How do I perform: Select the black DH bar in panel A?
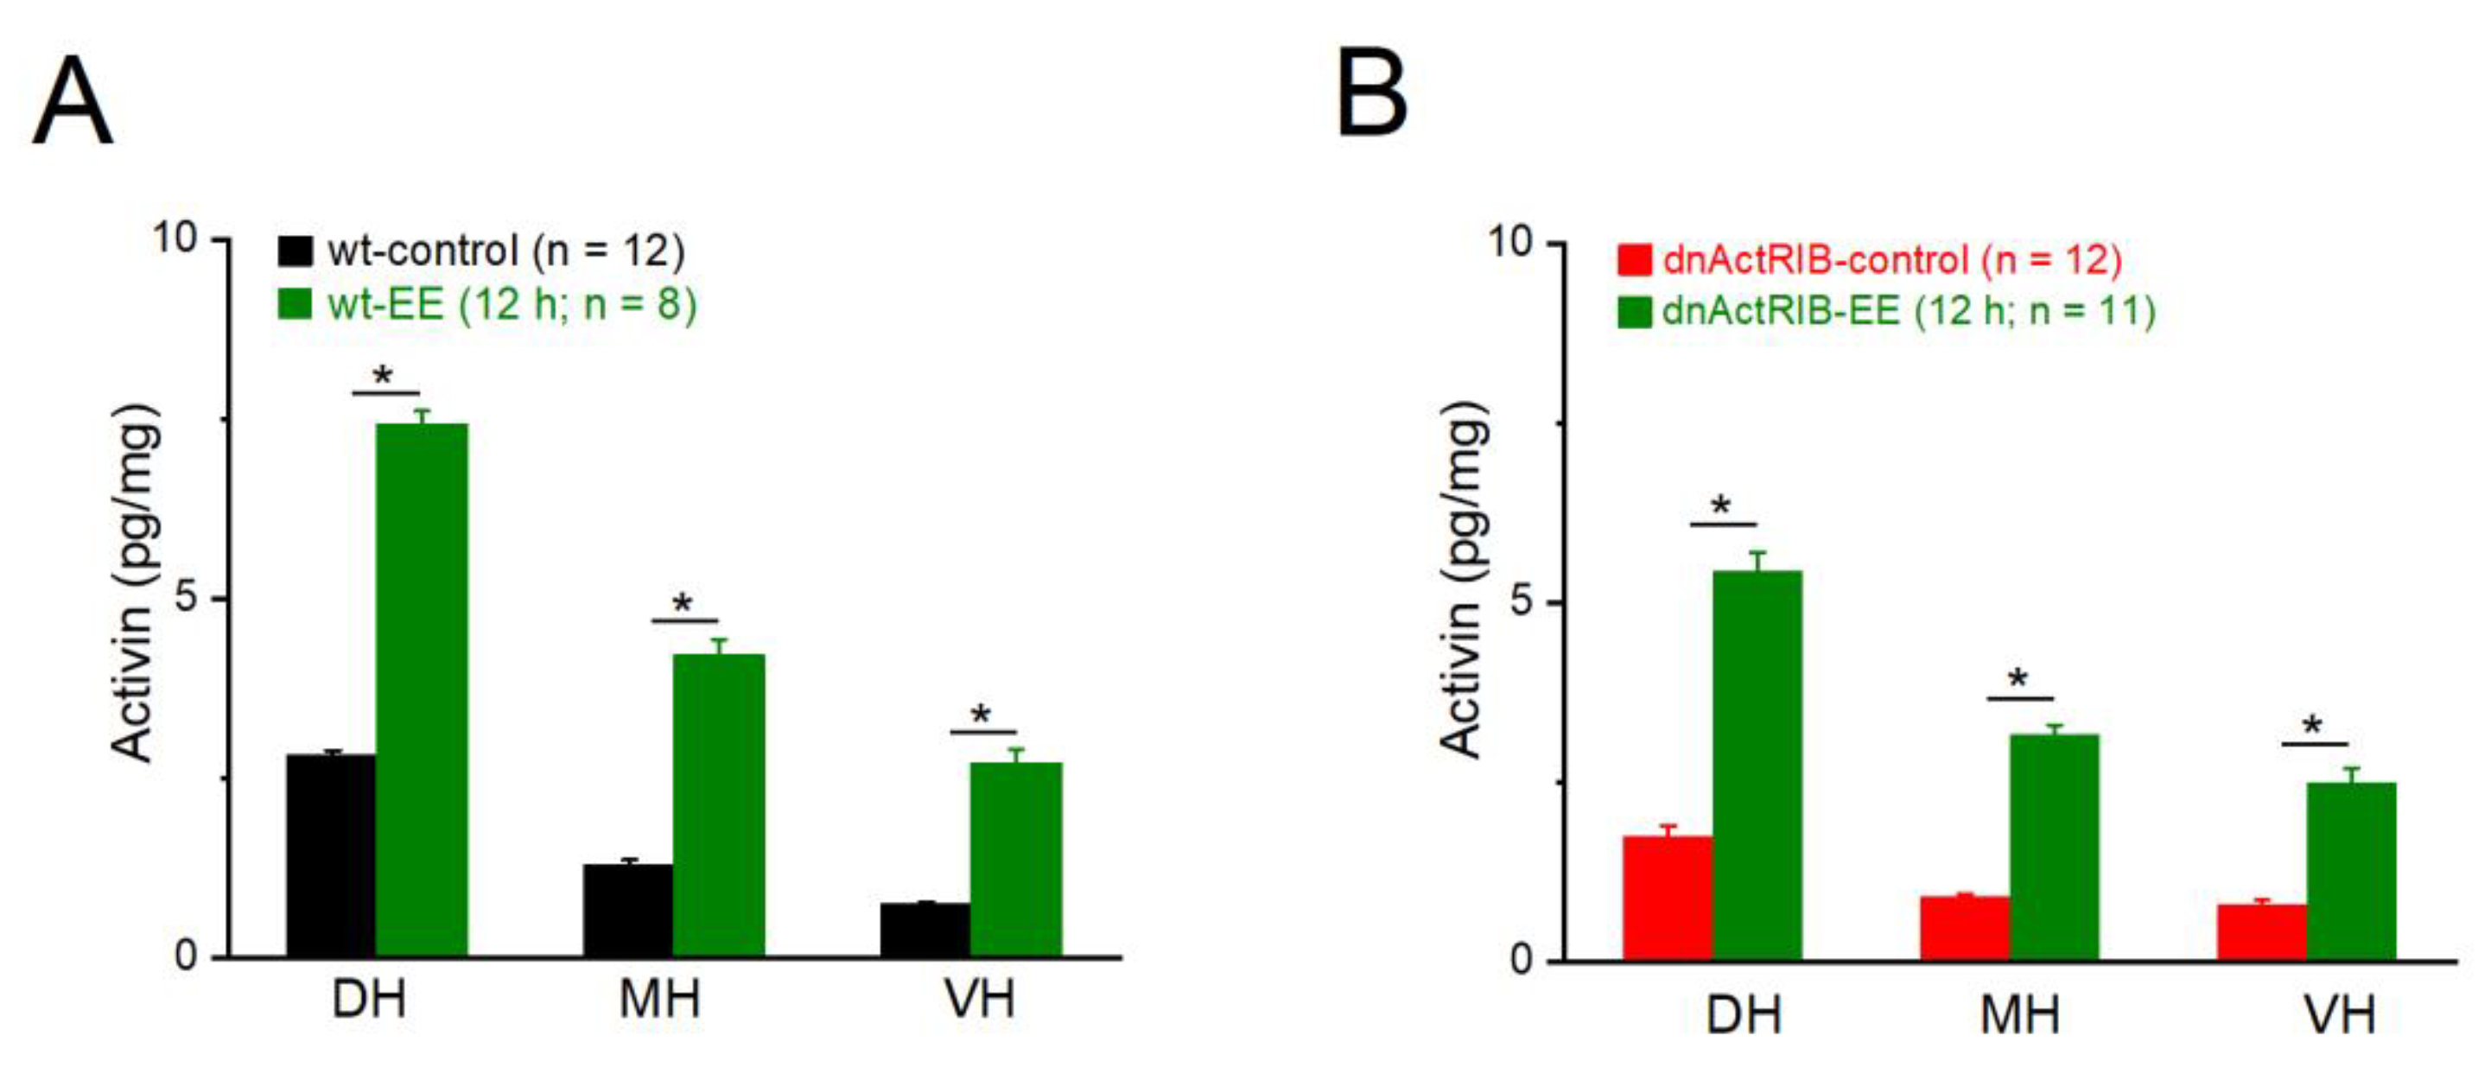point(331,854)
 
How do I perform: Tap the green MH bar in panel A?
point(719,804)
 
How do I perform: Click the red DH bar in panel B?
point(1667,899)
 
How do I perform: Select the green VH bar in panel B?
point(2351,870)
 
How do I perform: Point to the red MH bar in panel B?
point(1964,928)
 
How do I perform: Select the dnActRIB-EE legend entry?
point(1885,311)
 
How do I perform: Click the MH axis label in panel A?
point(659,1000)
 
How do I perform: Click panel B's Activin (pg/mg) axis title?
point(1461,578)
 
